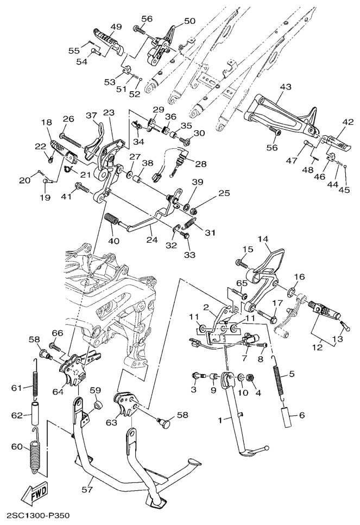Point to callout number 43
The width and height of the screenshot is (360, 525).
(286, 87)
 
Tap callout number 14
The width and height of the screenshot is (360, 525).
(263, 238)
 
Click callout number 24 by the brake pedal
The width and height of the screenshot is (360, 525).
(149, 237)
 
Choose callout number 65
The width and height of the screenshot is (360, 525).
(227, 283)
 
